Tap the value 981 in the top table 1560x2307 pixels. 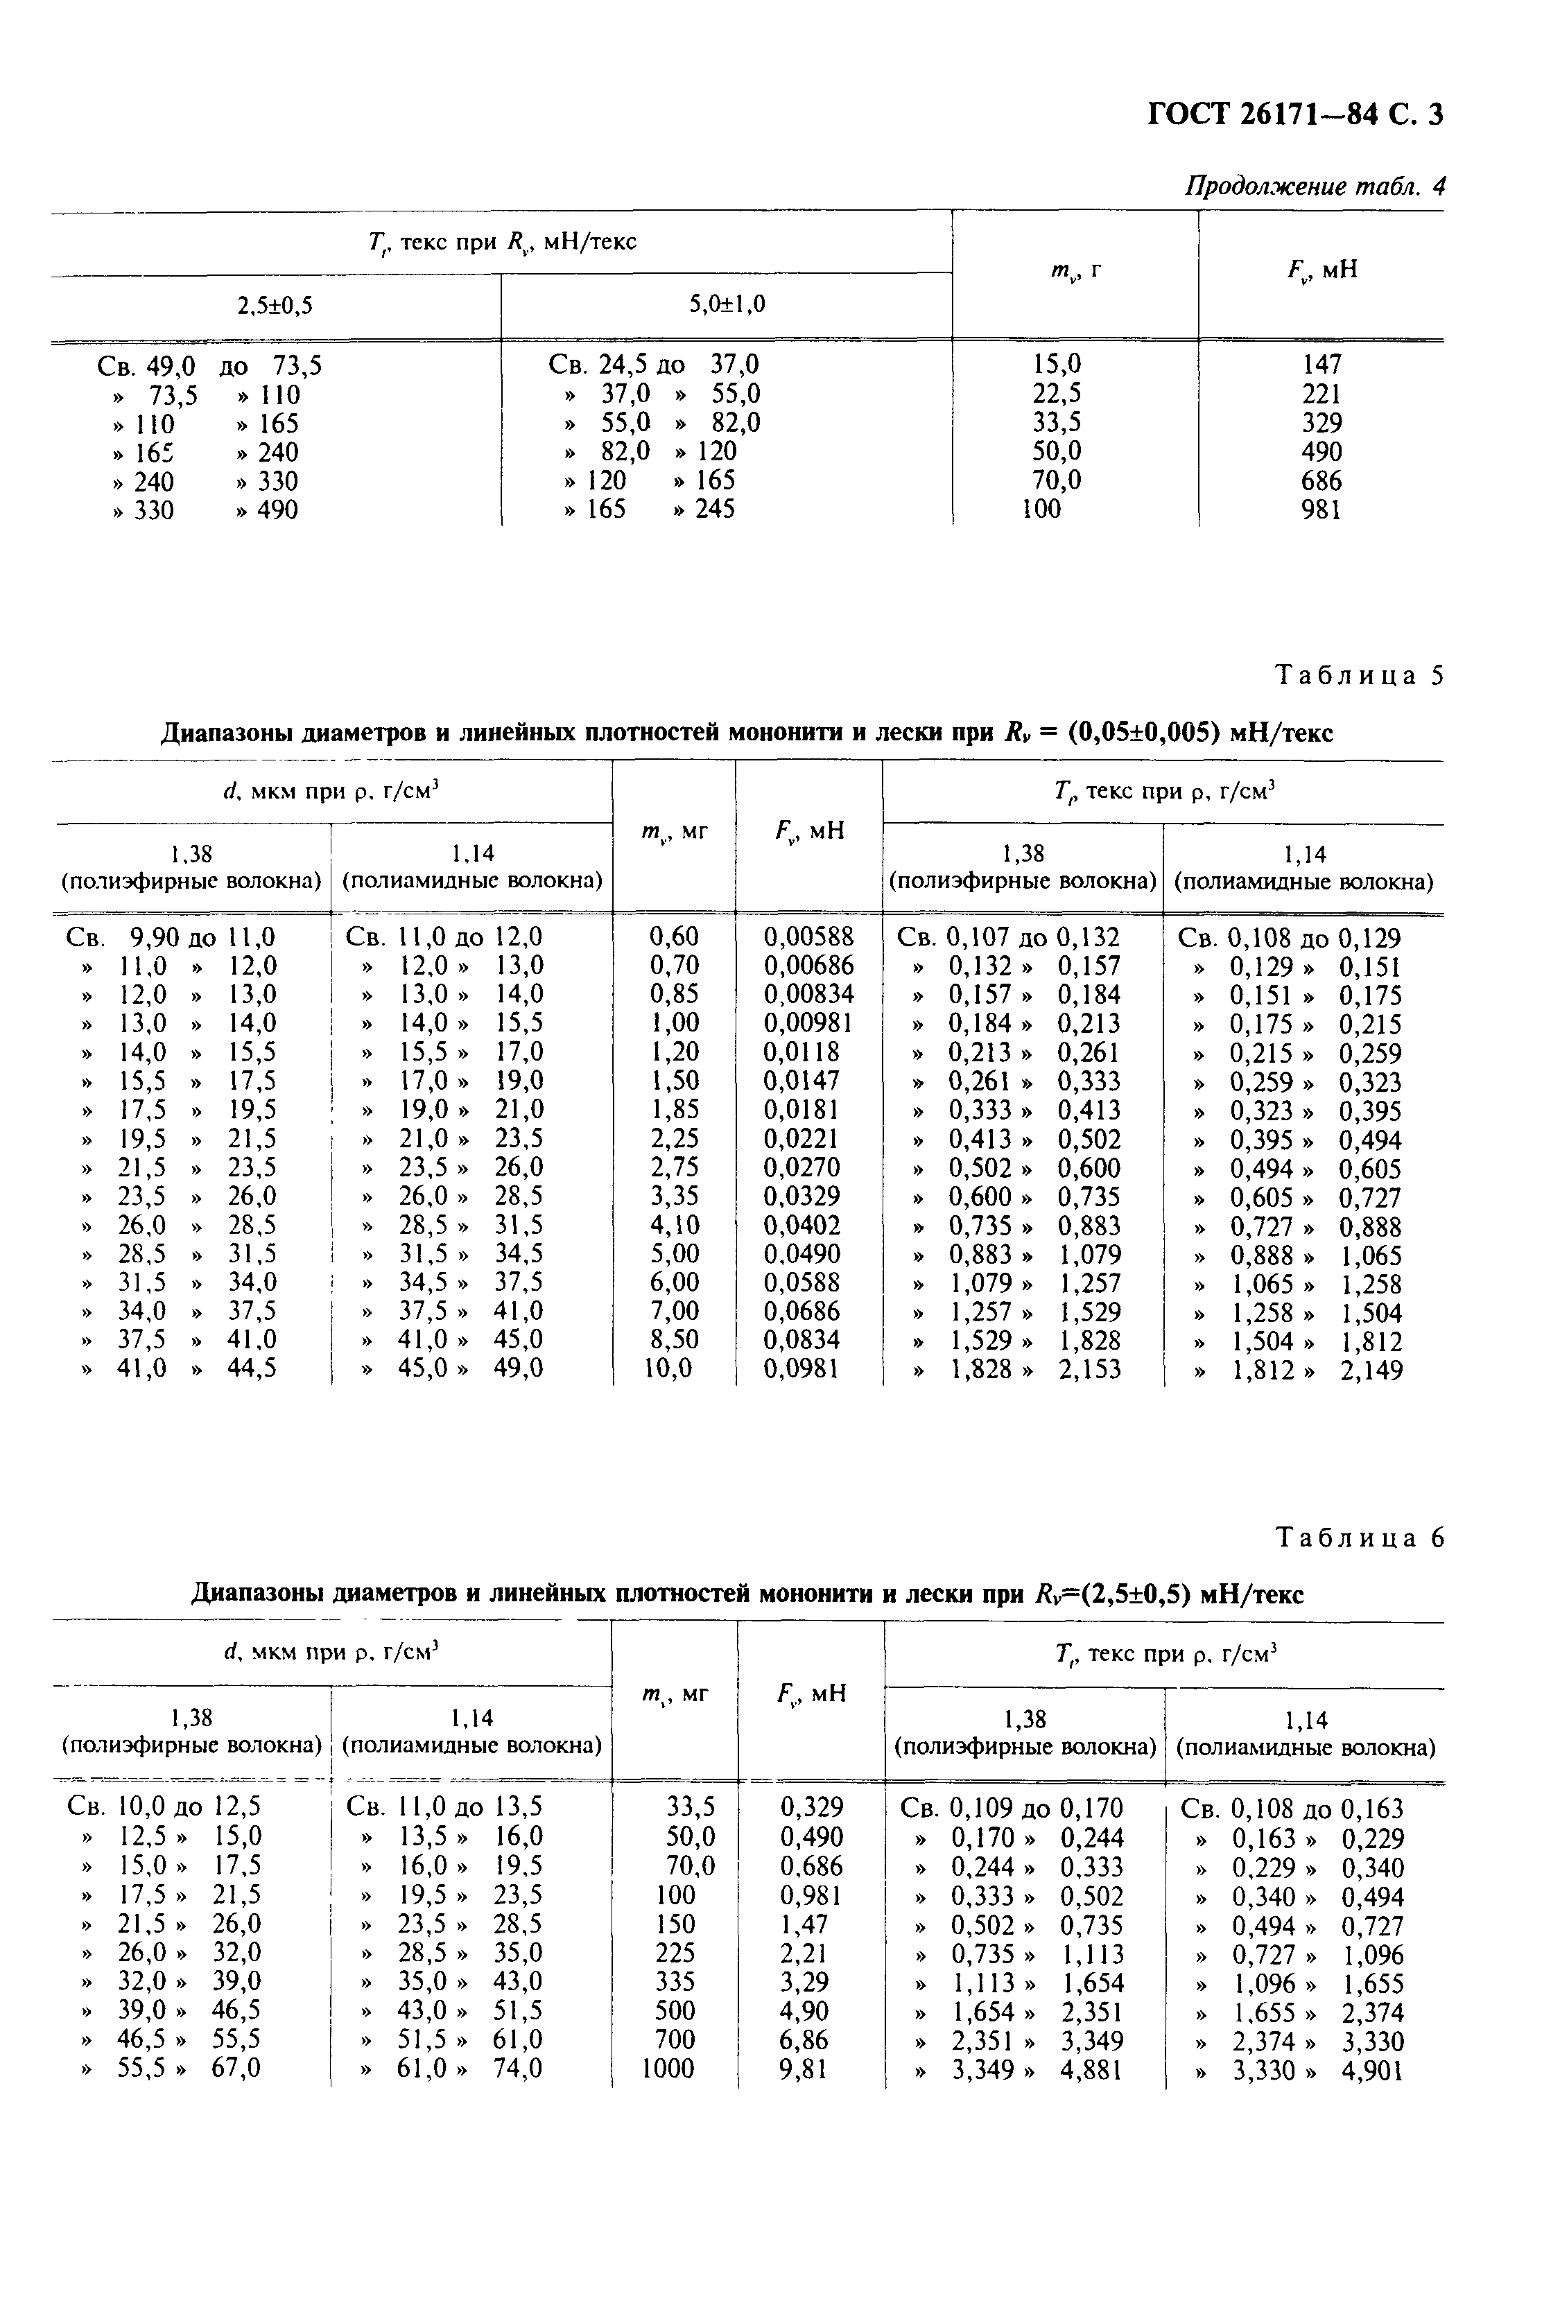pyautogui.click(x=1321, y=510)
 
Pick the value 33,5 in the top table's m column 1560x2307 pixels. pyautogui.click(x=1057, y=423)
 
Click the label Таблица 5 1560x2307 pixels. pyautogui.click(x=1358, y=676)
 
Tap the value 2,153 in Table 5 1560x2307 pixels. pyautogui.click(x=1089, y=1370)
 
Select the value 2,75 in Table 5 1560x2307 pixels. pyautogui.click(x=674, y=1167)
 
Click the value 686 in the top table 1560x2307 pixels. pyautogui.click(x=1321, y=482)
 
